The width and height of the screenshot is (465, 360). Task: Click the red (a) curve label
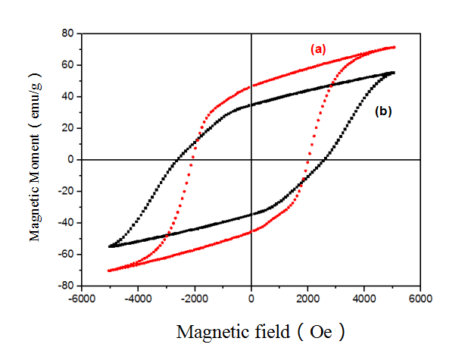tap(317, 49)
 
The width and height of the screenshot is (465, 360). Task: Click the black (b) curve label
tap(383, 111)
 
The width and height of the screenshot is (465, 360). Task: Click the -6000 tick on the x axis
tap(81, 298)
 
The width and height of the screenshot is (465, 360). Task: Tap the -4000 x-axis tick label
tap(138, 298)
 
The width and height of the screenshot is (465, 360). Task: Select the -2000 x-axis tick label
tap(195, 298)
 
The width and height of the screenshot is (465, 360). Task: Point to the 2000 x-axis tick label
tap(308, 298)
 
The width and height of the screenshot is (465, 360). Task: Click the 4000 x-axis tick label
tap(364, 298)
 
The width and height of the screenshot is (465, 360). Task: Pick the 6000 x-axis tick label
tap(421, 298)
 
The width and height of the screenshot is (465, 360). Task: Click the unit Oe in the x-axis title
tap(322, 332)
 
